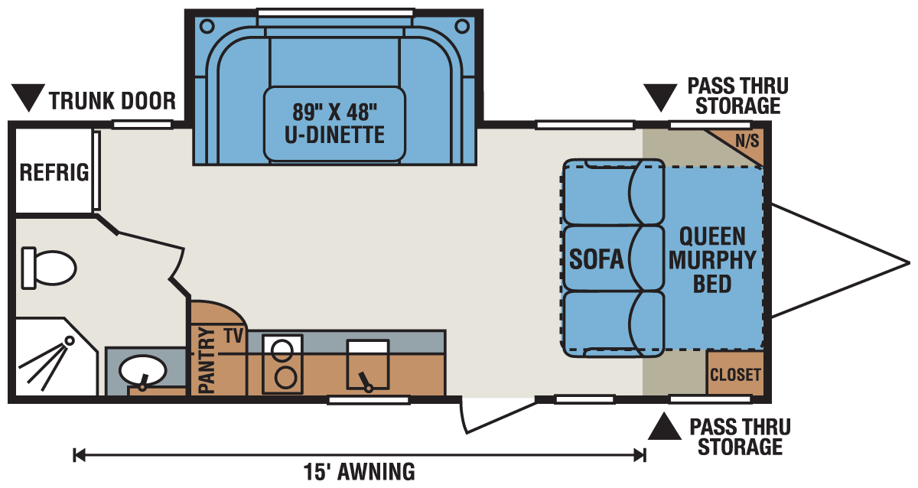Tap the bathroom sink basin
tap(142, 372)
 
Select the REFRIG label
tap(54, 172)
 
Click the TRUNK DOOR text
tap(112, 100)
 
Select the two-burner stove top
tap(284, 365)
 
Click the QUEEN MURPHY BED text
tap(711, 260)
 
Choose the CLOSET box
tap(735, 374)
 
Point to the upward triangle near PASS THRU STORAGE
tap(665, 428)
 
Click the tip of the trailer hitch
tap(908, 262)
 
